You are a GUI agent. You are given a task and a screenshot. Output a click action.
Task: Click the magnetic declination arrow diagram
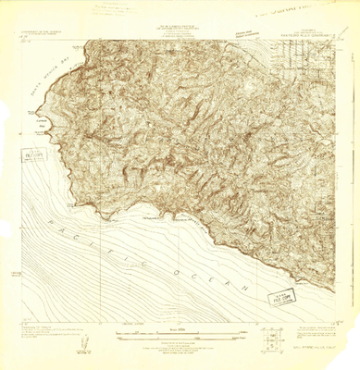point(84,341)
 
